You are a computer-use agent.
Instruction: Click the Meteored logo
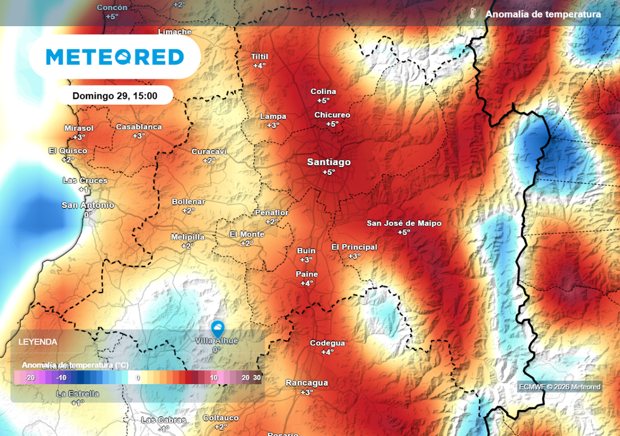coord(115,57)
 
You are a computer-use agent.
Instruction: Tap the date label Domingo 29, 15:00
coord(115,96)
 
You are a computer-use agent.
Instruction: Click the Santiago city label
coord(329,162)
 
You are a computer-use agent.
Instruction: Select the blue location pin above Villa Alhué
coord(217,329)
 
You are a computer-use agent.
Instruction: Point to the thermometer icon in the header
coord(473,14)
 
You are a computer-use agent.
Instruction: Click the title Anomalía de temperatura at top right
coord(543,14)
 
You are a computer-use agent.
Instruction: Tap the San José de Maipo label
coord(404,223)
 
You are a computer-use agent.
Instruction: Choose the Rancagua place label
coord(307,383)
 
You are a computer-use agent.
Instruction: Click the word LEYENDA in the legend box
coord(38,342)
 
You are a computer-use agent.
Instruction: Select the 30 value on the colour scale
coord(257,377)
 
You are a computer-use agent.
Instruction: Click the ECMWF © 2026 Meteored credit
coord(559,387)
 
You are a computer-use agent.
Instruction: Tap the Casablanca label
coord(139,127)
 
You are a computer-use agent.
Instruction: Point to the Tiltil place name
coord(259,56)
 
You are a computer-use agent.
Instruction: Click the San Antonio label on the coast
coord(88,205)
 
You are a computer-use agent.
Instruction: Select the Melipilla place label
coord(188,237)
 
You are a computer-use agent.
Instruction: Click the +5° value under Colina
coord(323,101)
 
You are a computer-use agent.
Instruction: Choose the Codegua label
coord(328,343)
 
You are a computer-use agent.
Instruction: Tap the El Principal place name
coord(354,247)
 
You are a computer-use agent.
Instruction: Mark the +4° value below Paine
coord(307,283)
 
